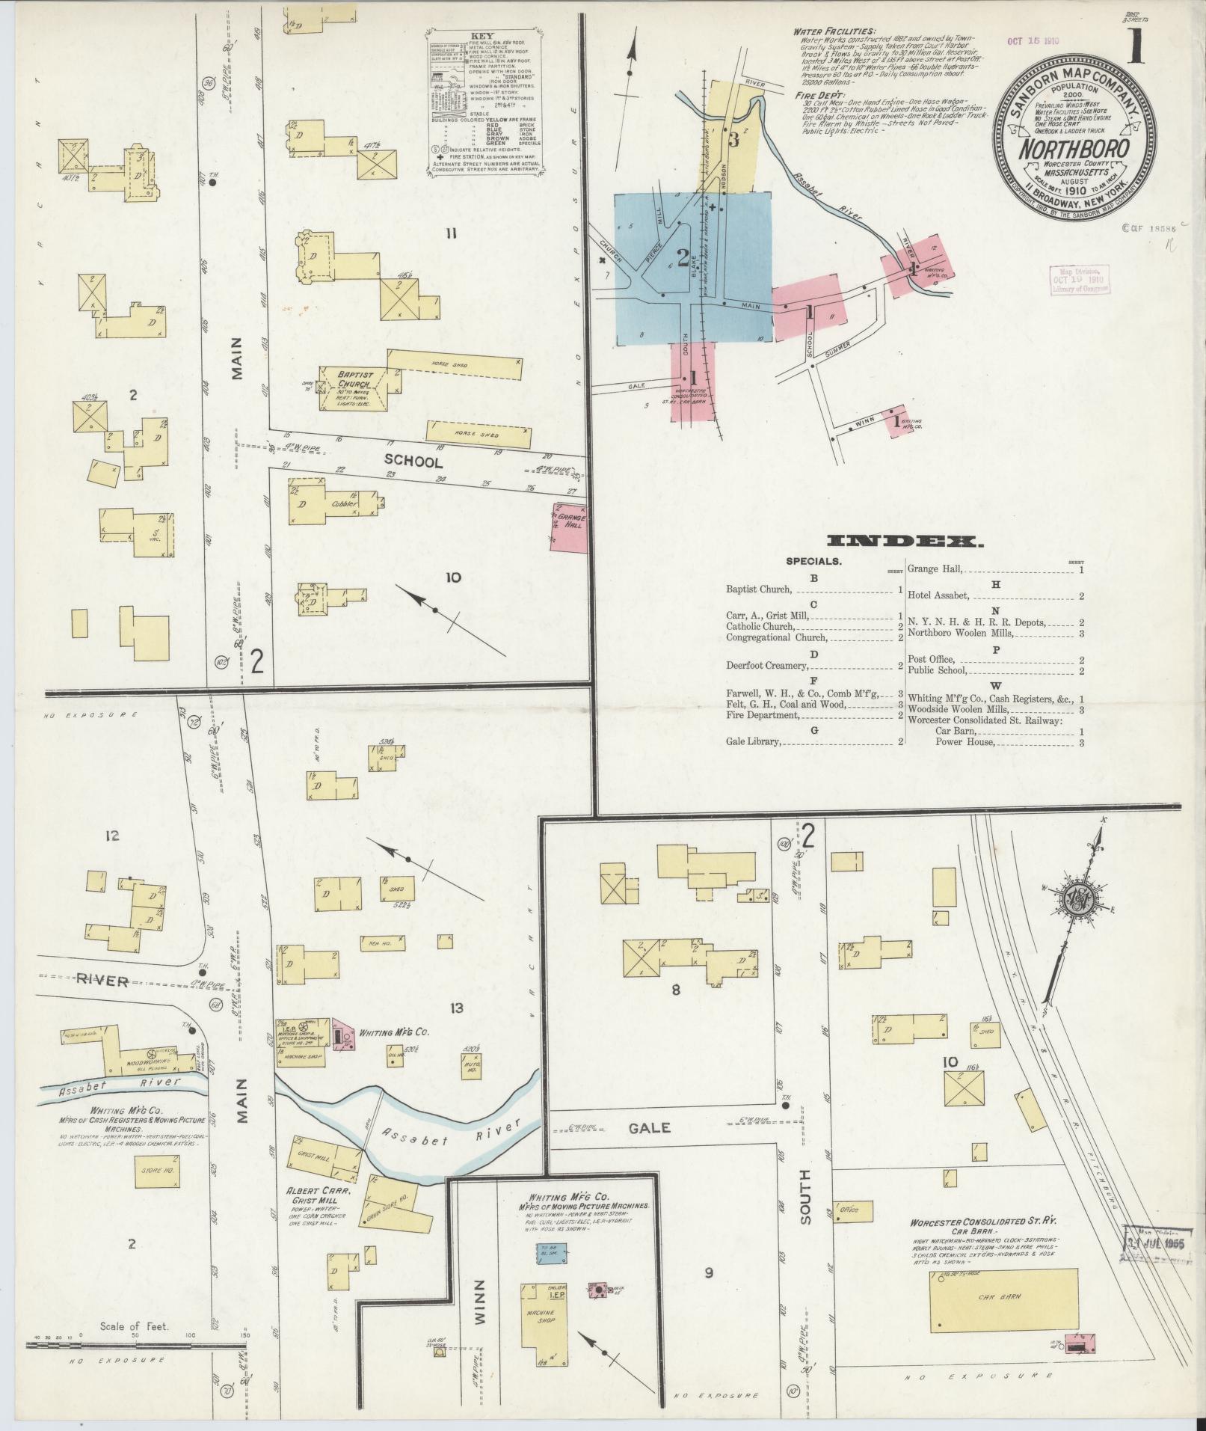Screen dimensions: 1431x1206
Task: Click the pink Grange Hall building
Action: pos(568,527)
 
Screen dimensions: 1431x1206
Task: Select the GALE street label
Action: pos(649,1128)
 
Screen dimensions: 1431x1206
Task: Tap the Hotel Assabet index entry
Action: pos(938,596)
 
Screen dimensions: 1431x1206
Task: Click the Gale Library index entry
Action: pos(754,742)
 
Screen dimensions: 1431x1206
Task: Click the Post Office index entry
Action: pos(932,659)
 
